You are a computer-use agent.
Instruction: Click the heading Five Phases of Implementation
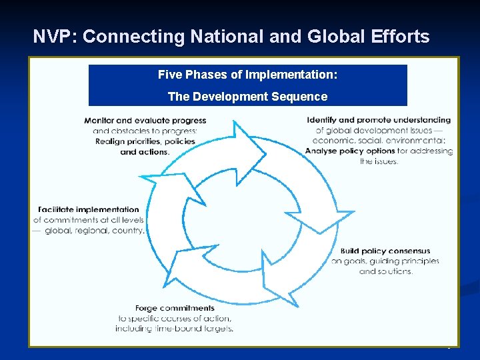247,75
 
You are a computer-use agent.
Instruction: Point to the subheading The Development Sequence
247,97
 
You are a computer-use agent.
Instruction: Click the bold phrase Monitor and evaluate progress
145,121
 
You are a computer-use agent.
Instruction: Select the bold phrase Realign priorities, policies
145,141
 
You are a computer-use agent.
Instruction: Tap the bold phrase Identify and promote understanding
379,120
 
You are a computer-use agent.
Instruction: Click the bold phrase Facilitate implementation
89,209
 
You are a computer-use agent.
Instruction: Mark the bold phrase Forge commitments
175,308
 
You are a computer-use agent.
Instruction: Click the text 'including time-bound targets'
175,329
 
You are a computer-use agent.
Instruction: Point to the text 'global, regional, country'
94,231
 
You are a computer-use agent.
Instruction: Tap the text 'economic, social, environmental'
379,141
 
